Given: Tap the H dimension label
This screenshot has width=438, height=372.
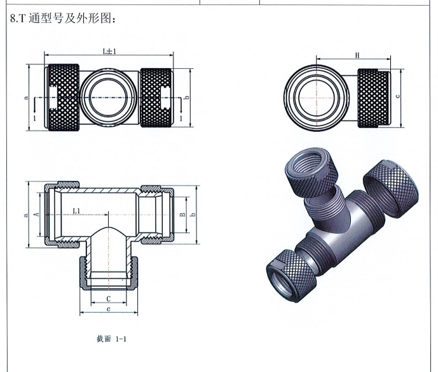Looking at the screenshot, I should [x=357, y=56].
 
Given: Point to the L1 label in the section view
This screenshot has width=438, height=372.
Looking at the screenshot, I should [x=76, y=210].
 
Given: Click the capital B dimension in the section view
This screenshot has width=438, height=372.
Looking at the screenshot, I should [x=182, y=215].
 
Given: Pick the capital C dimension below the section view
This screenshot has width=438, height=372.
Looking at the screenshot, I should [x=109, y=298].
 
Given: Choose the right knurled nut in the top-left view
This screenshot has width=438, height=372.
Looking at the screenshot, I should [x=156, y=97].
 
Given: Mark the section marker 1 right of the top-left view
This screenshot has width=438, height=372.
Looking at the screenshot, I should [x=181, y=118].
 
